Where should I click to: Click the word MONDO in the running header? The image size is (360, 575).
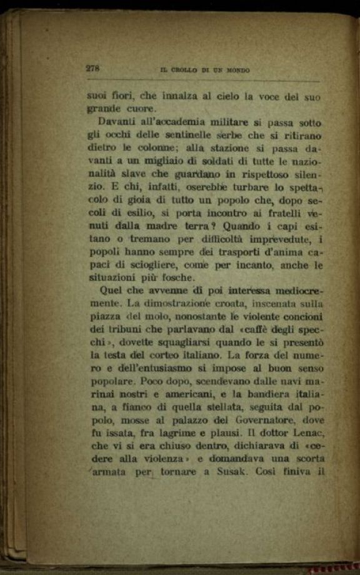[237, 71]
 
